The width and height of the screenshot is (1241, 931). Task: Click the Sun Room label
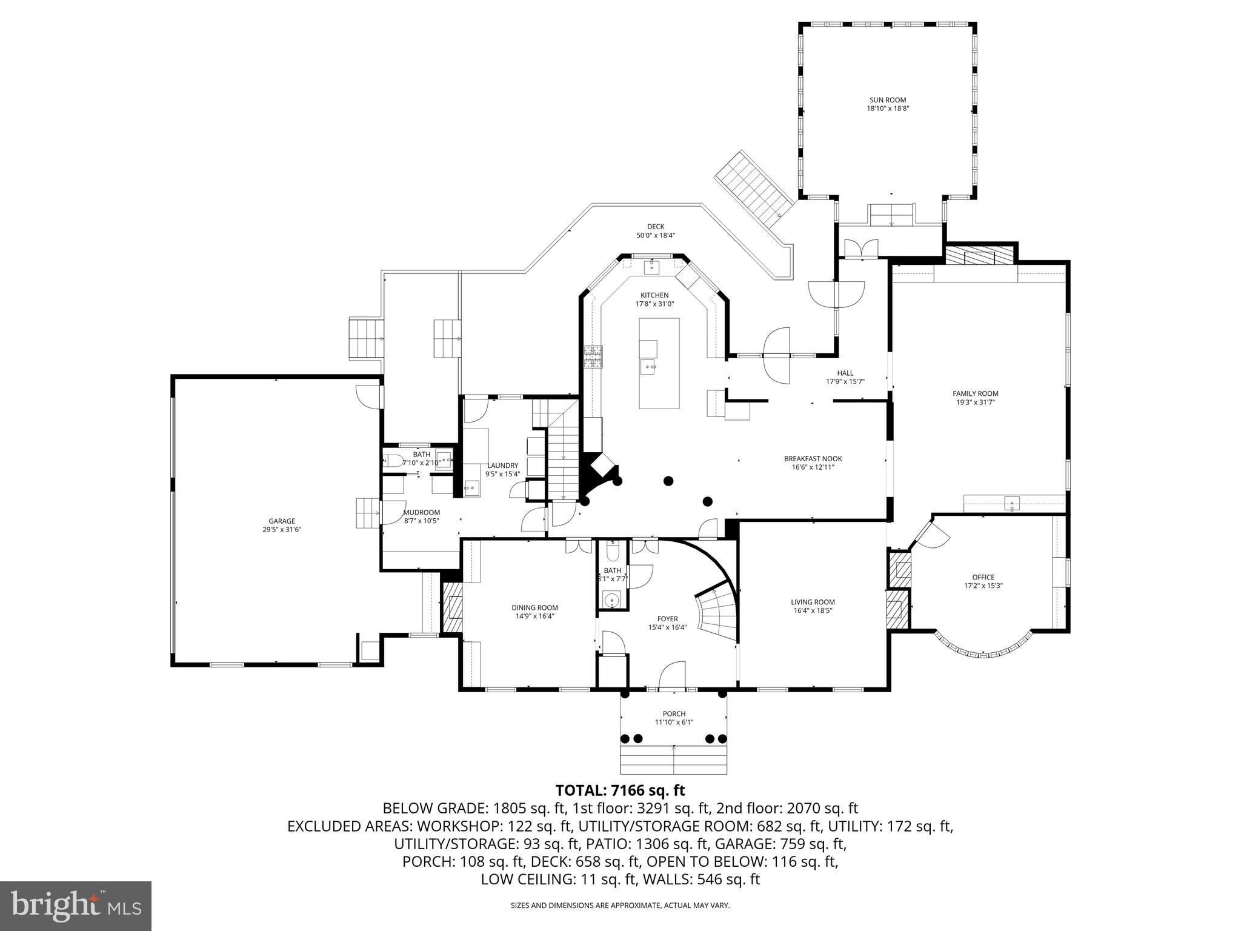pos(887,100)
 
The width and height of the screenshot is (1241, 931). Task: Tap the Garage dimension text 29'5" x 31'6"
pos(282,529)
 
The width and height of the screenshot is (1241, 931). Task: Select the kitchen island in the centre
pos(659,364)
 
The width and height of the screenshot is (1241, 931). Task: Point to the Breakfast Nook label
pos(813,459)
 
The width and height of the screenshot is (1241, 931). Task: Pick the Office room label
pos(983,577)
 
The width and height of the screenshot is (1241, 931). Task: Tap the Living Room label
pos(813,602)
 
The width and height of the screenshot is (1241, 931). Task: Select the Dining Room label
pos(534,607)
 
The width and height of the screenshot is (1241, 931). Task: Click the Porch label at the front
pos(674,713)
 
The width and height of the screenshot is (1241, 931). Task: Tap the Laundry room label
pos(502,465)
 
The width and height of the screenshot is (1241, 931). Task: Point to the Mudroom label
pos(422,512)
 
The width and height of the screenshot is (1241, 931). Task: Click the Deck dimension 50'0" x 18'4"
pos(655,235)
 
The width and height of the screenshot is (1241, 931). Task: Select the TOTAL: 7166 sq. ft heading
pos(620,790)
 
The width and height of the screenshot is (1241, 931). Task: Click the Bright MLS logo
pos(76,906)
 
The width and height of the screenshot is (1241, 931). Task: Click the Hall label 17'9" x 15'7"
pos(845,382)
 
